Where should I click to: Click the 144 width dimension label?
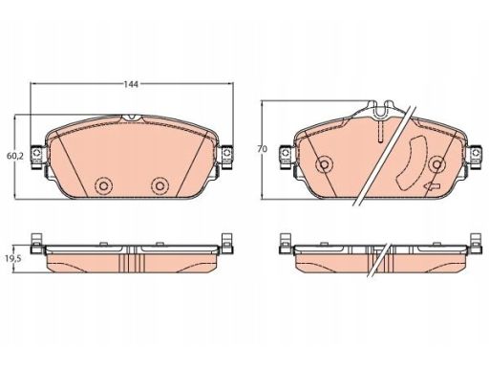coord(131,84)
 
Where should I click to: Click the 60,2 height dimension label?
coord(15,156)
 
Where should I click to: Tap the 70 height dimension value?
coord(263,149)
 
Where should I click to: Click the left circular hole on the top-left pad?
coord(103,185)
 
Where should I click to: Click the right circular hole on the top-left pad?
coord(159,185)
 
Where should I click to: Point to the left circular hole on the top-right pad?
coord(324,164)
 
